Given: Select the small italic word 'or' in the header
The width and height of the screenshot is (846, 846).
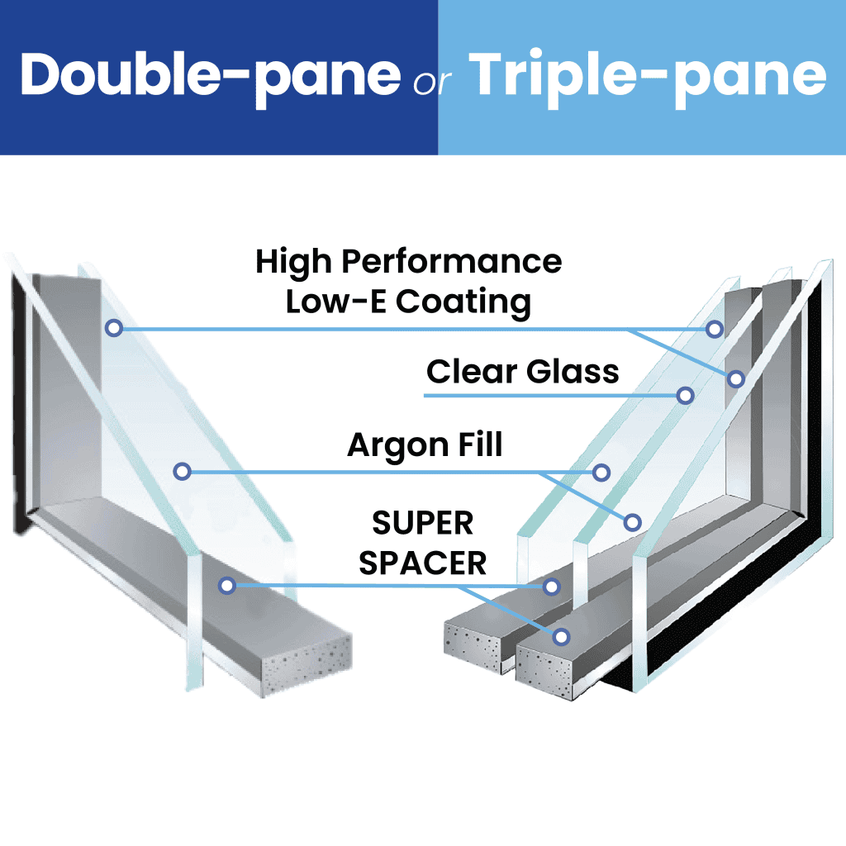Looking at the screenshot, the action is coord(432,82).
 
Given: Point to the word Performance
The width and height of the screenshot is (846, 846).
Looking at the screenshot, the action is coord(452,262).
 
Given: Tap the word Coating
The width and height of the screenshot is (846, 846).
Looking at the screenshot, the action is coord(463,303).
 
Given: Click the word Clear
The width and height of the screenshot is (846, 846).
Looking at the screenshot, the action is coord(472,372).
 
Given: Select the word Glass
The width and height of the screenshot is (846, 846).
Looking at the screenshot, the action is coord(573,372).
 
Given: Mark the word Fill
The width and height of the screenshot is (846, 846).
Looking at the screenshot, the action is coord(480,444).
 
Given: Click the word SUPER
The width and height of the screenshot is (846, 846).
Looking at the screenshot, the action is coord(422,523).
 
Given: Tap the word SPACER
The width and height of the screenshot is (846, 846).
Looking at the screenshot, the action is coord(422,563).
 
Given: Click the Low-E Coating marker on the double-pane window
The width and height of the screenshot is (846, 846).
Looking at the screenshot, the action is coord(114,327).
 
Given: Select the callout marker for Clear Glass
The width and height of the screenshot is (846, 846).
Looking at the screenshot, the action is coord(685,396).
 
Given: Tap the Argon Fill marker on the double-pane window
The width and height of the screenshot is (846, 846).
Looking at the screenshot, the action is coord(183,472).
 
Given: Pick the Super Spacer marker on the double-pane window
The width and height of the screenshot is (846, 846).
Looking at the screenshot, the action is coord(227,586).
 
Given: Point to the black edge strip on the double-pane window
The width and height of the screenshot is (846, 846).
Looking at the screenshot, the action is coord(20,405).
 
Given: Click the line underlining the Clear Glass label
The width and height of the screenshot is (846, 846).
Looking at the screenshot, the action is coord(550,396).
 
